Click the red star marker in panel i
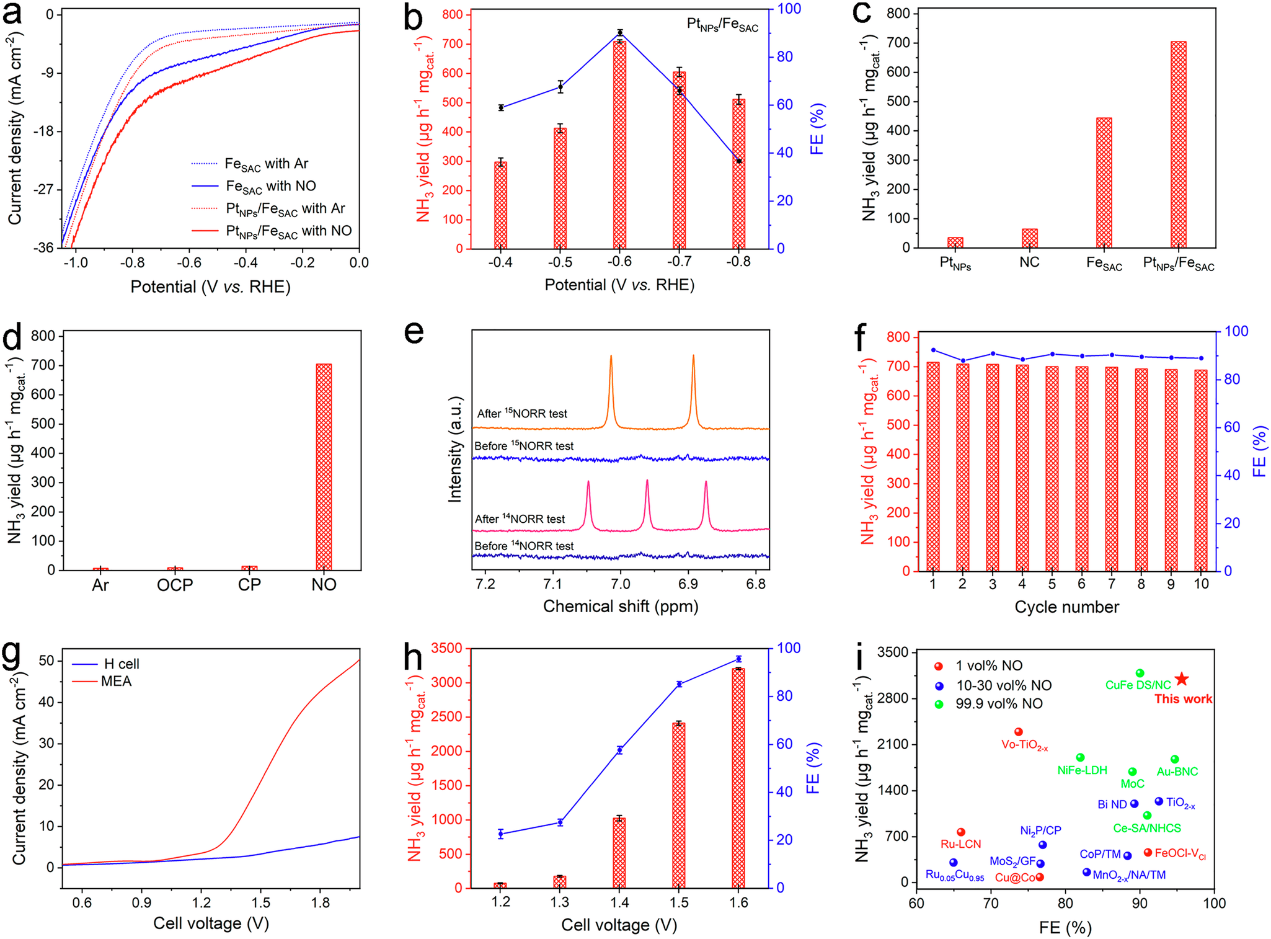click(1181, 679)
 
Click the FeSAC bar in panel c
click(1104, 182)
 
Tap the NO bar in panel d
click(324, 466)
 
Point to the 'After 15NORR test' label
click(522, 414)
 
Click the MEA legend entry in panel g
click(116, 681)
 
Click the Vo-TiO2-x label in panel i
click(1024, 745)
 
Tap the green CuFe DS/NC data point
click(1140, 673)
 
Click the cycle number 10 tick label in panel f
click(1201, 584)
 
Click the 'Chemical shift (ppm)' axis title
click(621, 606)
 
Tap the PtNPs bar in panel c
click(955, 242)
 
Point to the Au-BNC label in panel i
click(1177, 772)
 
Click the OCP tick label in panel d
click(175, 585)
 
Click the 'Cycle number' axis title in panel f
click(1066, 607)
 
